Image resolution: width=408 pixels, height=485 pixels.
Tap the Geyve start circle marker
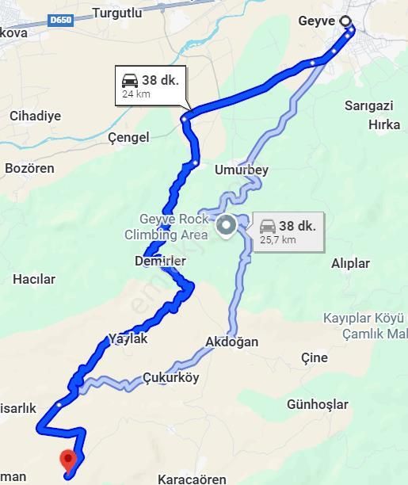point(345,21)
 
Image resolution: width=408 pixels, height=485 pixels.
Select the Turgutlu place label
point(116,13)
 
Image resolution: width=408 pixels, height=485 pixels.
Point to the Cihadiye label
point(35,116)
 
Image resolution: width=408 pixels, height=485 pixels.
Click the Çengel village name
point(128,137)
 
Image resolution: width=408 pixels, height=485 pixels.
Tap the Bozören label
point(29,168)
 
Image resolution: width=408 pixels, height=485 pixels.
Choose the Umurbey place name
point(242,170)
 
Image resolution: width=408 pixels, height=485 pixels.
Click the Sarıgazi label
point(369,105)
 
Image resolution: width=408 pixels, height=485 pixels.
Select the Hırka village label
point(385,124)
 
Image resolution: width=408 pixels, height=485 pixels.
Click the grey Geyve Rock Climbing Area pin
point(226,226)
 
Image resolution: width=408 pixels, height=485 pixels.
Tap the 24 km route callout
point(151,86)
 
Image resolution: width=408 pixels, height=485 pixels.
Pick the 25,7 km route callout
point(288,232)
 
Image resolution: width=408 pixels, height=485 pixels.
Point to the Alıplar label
point(350,263)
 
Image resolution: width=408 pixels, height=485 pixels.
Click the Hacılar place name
point(34,279)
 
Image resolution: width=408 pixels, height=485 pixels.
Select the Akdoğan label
point(231,342)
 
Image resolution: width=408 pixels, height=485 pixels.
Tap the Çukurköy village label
point(171,378)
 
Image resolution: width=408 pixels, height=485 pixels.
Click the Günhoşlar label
point(318,404)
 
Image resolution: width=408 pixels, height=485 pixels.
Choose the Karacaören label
point(192,479)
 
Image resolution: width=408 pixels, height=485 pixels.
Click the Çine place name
point(315,357)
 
